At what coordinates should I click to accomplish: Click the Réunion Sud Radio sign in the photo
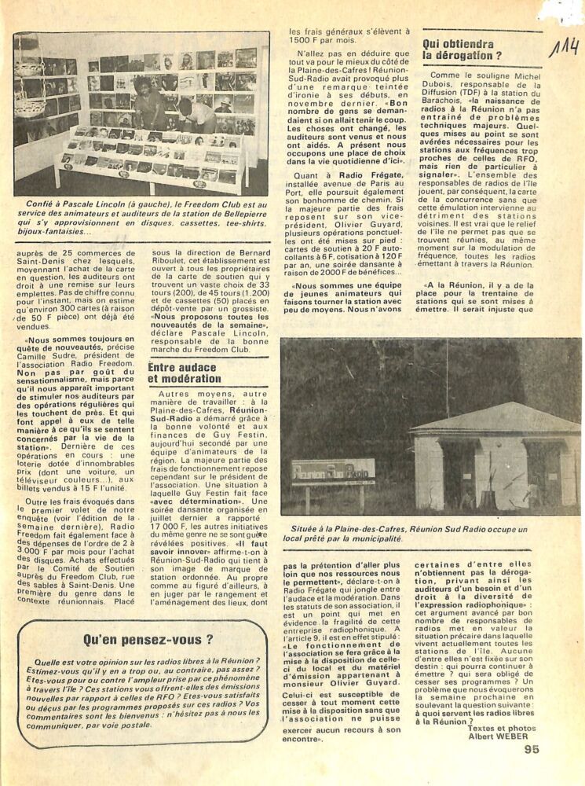[332, 472]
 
